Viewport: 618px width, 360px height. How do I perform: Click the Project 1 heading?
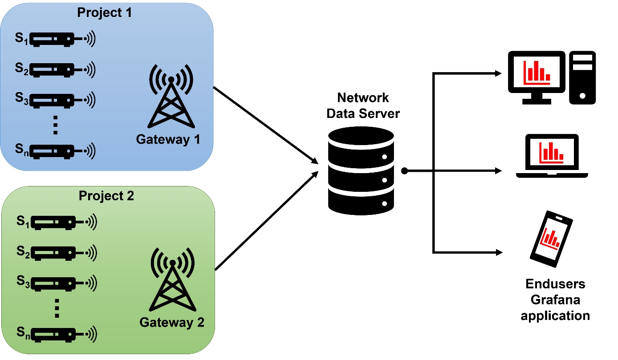[105, 12]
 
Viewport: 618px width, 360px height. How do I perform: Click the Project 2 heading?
[106, 196]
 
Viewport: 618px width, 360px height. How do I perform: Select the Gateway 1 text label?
[168, 140]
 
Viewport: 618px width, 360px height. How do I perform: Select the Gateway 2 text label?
[172, 322]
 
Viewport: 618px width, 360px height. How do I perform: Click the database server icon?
[361, 171]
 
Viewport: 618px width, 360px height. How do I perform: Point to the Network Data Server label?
[363, 105]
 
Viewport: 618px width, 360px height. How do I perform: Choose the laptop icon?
[552, 156]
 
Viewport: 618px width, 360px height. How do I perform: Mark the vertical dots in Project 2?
[57, 308]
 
